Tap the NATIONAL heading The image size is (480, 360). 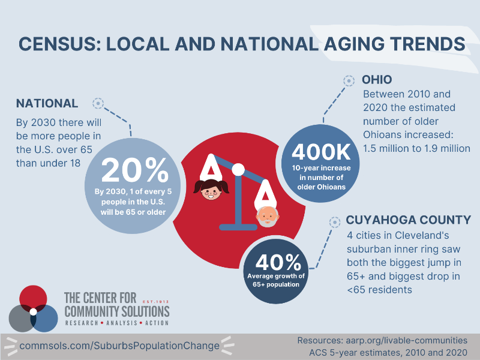(x=47, y=103)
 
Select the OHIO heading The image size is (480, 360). (x=377, y=80)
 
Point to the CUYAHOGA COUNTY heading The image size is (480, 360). (x=409, y=220)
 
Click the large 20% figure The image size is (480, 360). (x=134, y=170)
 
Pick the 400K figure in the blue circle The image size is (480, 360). (x=321, y=152)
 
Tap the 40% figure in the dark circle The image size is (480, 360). (x=278, y=262)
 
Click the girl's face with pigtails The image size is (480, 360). (x=211, y=190)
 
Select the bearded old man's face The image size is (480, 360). (x=268, y=217)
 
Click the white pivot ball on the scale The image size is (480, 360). (x=238, y=170)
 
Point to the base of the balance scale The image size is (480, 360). (x=238, y=227)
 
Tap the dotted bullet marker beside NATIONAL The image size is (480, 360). (x=98, y=103)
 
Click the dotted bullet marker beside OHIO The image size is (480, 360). (x=349, y=81)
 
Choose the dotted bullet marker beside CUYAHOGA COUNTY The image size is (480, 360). (x=335, y=222)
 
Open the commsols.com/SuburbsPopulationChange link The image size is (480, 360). (x=119, y=346)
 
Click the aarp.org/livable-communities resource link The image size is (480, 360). (x=407, y=340)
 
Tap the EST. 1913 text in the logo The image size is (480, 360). (x=156, y=302)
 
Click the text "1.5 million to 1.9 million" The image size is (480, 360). (x=416, y=148)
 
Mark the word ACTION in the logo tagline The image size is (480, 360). (x=157, y=323)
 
